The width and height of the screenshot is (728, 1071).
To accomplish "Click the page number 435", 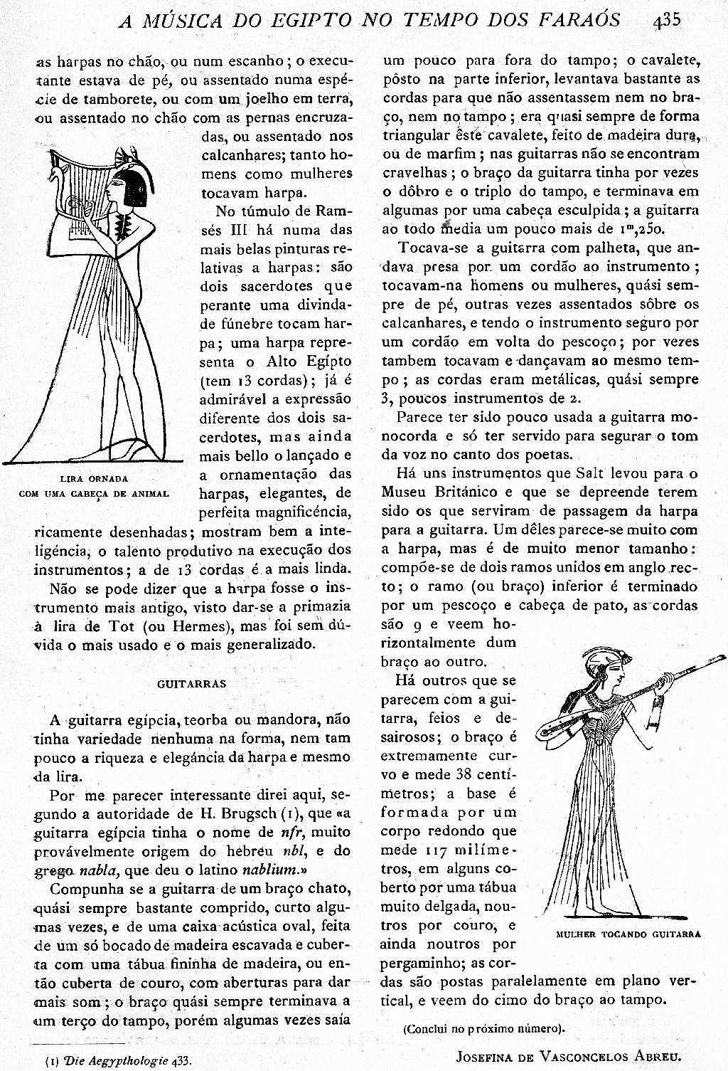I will pyautogui.click(x=666, y=19).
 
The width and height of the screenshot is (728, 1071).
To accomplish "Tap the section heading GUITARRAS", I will pyautogui.click(x=191, y=684).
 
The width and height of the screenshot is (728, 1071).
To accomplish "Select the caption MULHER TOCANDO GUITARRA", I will pyautogui.click(x=628, y=934).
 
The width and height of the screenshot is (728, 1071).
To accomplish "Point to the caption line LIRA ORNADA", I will pyautogui.click(x=94, y=479).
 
